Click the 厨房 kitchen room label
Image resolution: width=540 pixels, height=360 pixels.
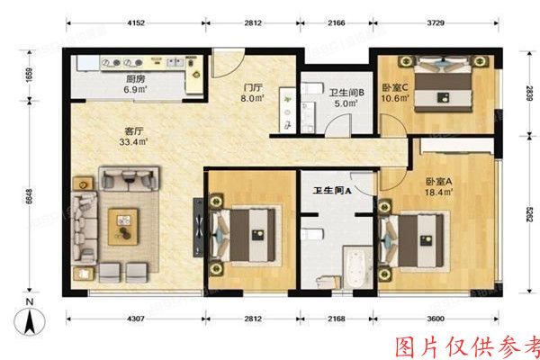click(135, 78)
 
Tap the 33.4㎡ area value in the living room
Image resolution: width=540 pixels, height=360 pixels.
click(135, 140)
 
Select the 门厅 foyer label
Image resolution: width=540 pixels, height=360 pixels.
click(253, 88)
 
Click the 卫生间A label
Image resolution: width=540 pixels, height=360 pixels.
click(331, 190)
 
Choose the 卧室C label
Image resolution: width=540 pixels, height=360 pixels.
click(395, 87)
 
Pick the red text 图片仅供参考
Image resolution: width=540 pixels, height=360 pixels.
click(468, 346)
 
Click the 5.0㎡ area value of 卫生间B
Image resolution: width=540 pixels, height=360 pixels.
click(346, 103)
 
